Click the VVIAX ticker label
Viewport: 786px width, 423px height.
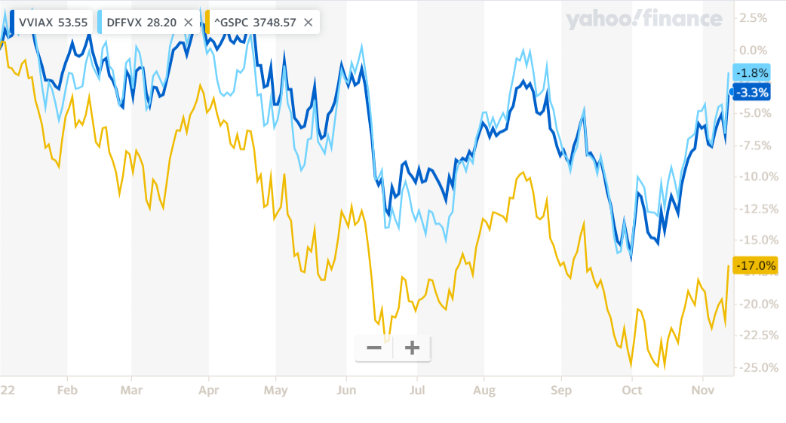pyautogui.click(x=35, y=22)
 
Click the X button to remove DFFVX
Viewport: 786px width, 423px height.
pyautogui.click(x=189, y=22)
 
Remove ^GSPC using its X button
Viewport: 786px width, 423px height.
pyautogui.click(x=308, y=22)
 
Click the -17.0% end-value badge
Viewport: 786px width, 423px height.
pyautogui.click(x=756, y=265)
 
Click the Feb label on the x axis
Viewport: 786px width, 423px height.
pyautogui.click(x=67, y=390)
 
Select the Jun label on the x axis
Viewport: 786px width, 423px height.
pyautogui.click(x=346, y=390)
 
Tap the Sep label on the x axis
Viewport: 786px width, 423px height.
pyautogui.click(x=561, y=390)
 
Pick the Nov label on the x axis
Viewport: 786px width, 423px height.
pyautogui.click(x=702, y=390)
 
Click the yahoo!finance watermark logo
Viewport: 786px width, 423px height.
pyautogui.click(x=643, y=20)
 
